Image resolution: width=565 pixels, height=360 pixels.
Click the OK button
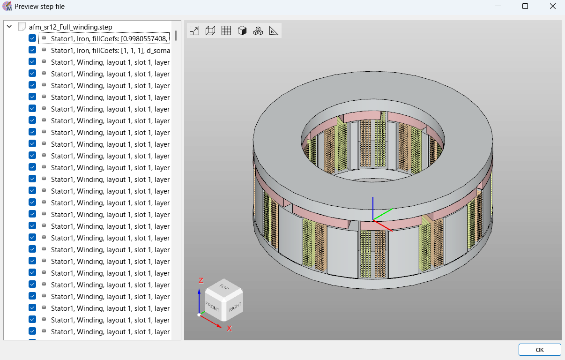[x=539, y=350]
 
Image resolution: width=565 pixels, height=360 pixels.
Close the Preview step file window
[x=552, y=7]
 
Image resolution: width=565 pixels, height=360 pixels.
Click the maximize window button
[x=525, y=7]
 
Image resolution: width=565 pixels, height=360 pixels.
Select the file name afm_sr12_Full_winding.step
[x=70, y=27]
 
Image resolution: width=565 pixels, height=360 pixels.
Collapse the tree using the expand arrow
[x=9, y=27]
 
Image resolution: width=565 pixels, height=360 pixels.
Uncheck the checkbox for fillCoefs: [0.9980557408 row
[x=32, y=38]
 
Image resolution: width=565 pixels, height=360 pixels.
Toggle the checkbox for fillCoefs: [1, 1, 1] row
[x=32, y=50]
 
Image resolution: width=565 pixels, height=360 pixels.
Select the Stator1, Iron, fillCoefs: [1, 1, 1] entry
[x=110, y=50]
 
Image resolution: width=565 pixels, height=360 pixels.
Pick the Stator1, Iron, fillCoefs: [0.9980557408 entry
[x=110, y=38]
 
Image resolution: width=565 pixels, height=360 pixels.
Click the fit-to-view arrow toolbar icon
[x=194, y=30]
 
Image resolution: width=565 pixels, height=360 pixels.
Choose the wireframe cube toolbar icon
[x=210, y=30]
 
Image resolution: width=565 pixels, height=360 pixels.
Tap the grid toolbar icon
[x=226, y=30]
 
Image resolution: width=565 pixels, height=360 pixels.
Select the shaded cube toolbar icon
[x=242, y=30]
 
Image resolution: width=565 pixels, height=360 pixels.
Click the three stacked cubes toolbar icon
[x=258, y=30]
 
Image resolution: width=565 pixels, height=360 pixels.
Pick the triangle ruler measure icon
[x=274, y=30]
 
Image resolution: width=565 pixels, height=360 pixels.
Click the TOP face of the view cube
[x=224, y=286]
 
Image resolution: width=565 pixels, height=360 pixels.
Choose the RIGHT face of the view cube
[x=235, y=307]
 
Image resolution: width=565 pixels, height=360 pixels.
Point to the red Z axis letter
[x=201, y=280]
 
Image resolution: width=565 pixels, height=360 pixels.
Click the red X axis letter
[x=230, y=328]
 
